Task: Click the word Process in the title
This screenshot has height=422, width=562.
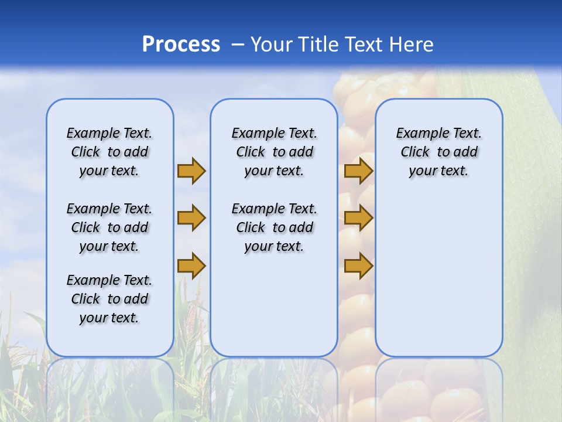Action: (181, 44)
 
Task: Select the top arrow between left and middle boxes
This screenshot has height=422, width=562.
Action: (191, 171)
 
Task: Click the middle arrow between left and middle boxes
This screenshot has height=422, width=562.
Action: (191, 218)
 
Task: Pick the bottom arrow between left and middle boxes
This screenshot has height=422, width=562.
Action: (191, 266)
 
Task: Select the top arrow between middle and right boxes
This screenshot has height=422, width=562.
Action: (358, 171)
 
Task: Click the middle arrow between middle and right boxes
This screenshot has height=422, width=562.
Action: (358, 218)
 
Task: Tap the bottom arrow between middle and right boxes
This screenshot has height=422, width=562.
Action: (358, 266)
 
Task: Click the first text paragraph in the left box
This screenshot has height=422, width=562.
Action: (109, 152)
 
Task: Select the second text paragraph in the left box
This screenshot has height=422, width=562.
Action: (109, 227)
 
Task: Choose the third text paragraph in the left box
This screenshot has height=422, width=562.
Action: (109, 299)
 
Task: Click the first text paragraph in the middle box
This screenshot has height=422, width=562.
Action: (274, 152)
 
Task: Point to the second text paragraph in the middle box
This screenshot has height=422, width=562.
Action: (274, 227)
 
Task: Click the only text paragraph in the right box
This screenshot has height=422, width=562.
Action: (439, 152)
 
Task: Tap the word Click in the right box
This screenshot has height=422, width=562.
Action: (415, 152)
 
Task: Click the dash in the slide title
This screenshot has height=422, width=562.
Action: (238, 45)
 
